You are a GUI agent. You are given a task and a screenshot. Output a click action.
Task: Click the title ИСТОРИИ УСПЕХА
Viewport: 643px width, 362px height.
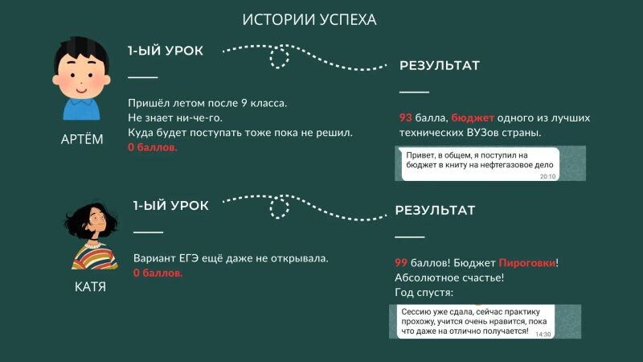click(x=309, y=19)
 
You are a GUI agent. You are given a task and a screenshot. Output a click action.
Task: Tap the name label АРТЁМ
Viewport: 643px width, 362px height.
click(x=82, y=139)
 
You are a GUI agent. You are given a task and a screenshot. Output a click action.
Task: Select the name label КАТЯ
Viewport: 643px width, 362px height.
click(x=90, y=286)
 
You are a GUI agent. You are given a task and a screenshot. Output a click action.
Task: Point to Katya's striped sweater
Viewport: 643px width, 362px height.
click(x=95, y=256)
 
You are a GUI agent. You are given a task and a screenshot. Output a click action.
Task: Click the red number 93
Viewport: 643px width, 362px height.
click(x=406, y=117)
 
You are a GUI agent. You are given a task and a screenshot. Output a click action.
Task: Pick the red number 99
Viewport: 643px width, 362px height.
click(x=401, y=263)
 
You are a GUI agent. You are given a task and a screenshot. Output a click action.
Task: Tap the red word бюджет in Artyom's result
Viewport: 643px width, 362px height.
click(x=473, y=117)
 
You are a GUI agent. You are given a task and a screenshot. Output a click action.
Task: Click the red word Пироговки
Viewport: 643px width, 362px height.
click(x=527, y=263)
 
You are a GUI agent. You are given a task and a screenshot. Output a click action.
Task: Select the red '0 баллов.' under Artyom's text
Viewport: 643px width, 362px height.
click(x=153, y=147)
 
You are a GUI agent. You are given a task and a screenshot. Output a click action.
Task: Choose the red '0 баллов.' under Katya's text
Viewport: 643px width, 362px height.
click(x=158, y=273)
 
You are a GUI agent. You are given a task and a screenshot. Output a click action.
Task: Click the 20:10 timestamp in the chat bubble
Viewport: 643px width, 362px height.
click(x=548, y=176)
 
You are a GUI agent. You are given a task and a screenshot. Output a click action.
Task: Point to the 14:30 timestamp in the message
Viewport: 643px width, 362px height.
click(x=543, y=334)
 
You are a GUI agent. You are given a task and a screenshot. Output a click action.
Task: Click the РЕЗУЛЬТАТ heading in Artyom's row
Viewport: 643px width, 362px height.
click(x=440, y=66)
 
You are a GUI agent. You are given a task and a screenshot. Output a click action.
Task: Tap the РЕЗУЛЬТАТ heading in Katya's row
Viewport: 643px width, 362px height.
click(x=435, y=211)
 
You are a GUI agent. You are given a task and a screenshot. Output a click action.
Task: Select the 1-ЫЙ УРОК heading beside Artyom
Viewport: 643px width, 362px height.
click(x=166, y=51)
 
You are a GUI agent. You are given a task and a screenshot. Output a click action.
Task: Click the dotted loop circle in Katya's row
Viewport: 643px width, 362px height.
click(x=279, y=208)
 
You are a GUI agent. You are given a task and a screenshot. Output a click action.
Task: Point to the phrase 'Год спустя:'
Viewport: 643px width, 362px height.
click(x=424, y=293)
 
